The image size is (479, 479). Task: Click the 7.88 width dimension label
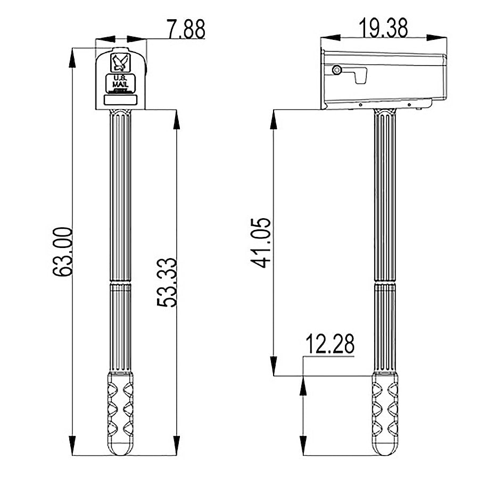click(186, 29)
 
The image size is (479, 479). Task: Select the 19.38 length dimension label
click(383, 28)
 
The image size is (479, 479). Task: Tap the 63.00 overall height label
click(63, 252)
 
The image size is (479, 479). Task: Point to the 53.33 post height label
click(167, 282)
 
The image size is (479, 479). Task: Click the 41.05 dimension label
click(261, 243)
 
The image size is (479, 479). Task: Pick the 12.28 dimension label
click(330, 343)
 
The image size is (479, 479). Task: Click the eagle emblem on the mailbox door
click(121, 63)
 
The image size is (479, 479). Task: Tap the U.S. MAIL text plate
click(121, 83)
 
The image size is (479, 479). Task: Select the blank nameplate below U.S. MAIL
click(121, 100)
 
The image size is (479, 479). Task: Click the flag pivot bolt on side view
click(337, 70)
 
